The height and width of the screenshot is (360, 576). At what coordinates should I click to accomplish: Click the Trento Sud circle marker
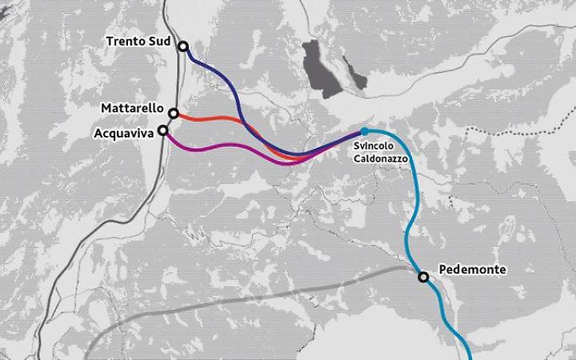click(183, 46)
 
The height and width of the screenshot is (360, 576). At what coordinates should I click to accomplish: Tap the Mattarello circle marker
click(174, 114)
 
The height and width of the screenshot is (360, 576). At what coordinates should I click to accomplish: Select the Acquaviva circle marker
click(163, 130)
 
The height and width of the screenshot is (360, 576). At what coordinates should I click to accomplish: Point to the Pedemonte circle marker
click(423, 277)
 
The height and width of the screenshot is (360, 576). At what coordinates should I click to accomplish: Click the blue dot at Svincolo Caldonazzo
click(365, 131)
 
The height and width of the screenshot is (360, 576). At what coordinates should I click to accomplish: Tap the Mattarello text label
click(132, 108)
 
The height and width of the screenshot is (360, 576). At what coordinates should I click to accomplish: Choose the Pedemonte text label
click(473, 270)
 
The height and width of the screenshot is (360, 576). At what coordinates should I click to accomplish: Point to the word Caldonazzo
click(382, 158)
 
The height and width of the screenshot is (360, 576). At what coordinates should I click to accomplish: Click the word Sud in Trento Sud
click(159, 42)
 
